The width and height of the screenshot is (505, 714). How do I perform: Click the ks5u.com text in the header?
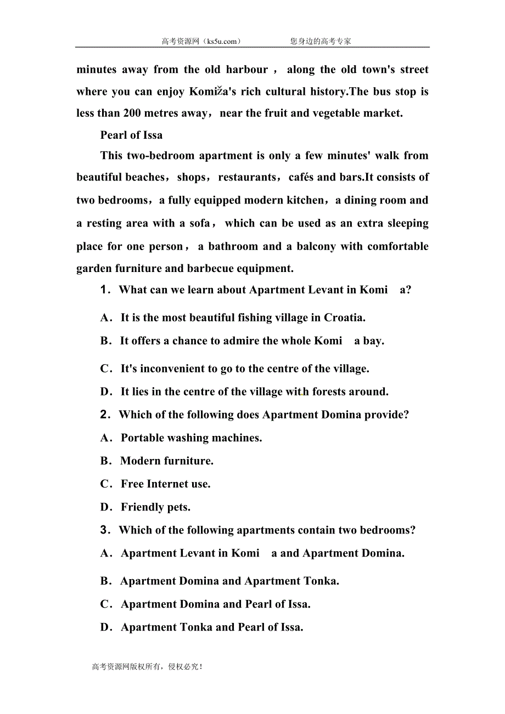coord(222,41)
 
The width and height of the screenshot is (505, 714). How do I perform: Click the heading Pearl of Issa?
coord(131,135)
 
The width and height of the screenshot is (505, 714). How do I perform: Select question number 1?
coord(106,290)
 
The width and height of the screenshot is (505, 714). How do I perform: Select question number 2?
coord(106,415)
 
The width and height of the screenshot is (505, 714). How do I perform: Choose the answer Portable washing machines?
coord(191,438)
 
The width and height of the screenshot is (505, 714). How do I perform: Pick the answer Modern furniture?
coord(167,461)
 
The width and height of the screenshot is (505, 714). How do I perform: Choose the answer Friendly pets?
coord(155,507)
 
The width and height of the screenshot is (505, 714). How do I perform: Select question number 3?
coord(106,530)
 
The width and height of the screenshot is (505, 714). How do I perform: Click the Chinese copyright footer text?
coord(147,667)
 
